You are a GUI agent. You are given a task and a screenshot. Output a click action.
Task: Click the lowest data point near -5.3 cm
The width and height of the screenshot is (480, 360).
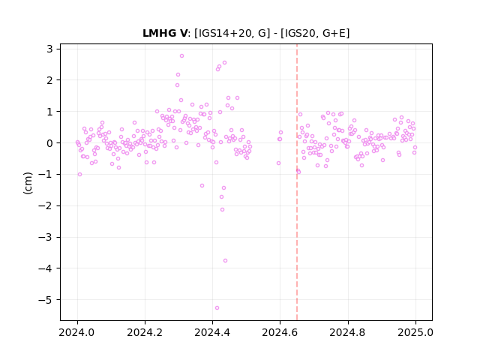tap(217, 307)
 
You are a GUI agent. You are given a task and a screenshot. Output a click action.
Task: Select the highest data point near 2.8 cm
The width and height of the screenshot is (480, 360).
tap(181, 55)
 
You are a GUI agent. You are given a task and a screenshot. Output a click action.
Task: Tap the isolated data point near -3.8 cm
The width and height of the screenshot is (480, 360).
tap(225, 260)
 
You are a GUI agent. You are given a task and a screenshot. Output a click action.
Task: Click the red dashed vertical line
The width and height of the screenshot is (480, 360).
tap(297, 182)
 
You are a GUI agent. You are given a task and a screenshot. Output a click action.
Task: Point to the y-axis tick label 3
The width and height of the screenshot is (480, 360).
tap(49, 49)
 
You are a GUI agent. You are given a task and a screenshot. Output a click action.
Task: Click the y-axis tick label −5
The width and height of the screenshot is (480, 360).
tap(45, 300)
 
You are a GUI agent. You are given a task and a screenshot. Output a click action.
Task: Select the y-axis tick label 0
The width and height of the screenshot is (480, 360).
tap(49, 143)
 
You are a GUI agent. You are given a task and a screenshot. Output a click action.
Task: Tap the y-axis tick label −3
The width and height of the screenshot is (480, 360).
tap(45, 237)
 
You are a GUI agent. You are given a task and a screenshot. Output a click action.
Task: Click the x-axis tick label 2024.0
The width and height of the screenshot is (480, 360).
tap(77, 332)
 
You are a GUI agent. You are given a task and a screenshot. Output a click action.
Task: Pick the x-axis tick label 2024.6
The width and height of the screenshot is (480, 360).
tap(280, 332)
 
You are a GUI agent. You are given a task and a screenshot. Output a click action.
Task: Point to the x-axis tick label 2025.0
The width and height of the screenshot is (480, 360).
tap(415, 332)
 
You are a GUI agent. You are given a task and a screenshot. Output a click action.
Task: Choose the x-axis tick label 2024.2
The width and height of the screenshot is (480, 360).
tap(145, 332)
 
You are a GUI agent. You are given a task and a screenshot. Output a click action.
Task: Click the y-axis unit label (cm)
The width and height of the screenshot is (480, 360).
tap(28, 183)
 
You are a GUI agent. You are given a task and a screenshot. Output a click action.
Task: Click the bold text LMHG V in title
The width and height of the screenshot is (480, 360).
tap(165, 33)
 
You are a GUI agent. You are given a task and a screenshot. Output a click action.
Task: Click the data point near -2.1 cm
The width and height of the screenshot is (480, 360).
tap(222, 209)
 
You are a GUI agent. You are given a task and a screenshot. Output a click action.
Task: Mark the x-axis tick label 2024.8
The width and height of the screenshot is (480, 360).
tap(348, 332)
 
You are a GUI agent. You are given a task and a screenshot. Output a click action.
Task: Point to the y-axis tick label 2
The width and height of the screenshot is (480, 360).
tap(49, 80)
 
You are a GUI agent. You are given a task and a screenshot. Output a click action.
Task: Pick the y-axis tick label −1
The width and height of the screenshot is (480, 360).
tap(45, 175)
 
